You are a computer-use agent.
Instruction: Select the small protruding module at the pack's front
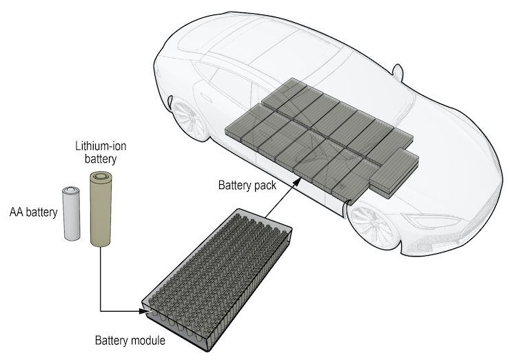click(394, 173)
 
